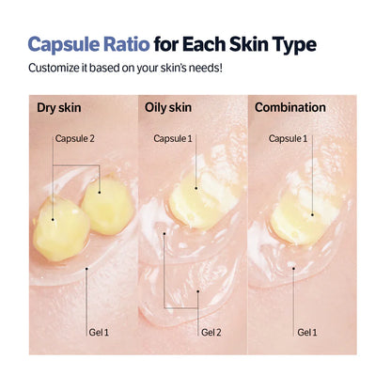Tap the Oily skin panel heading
pos(170,107)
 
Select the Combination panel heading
pos(290,107)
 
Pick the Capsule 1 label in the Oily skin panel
pos(174,139)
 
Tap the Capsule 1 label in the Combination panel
pos(289,139)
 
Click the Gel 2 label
pos(211,332)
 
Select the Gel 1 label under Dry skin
pos(97,332)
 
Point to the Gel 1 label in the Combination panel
pos(307,332)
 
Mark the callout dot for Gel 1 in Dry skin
pos(86,269)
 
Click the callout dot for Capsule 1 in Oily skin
pos(196,184)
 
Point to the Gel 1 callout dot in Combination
pos(293,268)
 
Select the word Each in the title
pos(233,45)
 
